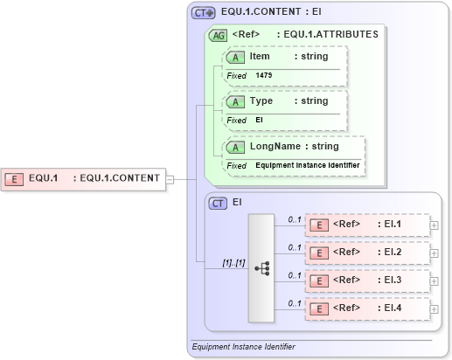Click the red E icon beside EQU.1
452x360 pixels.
pyautogui.click(x=15, y=178)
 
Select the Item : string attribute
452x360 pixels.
pyautogui.click(x=288, y=57)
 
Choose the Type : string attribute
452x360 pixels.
pyautogui.click(x=288, y=101)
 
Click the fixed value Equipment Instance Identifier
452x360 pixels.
pyautogui.click(x=308, y=165)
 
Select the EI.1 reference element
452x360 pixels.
pyautogui.click(x=366, y=225)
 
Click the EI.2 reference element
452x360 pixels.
pyautogui.click(x=366, y=253)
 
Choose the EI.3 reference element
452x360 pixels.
pyautogui.click(x=366, y=280)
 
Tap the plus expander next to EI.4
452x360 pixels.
pyautogui.click(x=435, y=308)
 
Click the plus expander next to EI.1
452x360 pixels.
pyautogui.click(x=435, y=225)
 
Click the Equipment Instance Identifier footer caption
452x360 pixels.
pyautogui.click(x=243, y=347)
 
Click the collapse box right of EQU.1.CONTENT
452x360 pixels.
pyautogui.click(x=170, y=178)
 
